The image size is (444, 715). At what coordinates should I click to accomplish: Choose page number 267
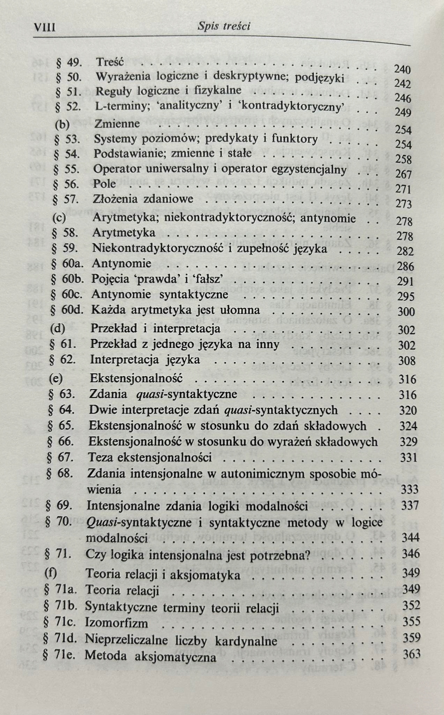[x=403, y=174]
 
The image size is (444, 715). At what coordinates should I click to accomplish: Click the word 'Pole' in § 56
[x=104, y=184]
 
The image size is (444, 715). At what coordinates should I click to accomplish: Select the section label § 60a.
[x=67, y=263]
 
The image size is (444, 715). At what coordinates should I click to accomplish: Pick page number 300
[x=406, y=312]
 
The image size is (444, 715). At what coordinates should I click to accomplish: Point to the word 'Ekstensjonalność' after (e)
[x=136, y=378]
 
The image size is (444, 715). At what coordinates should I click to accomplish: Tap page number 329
[x=409, y=442]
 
